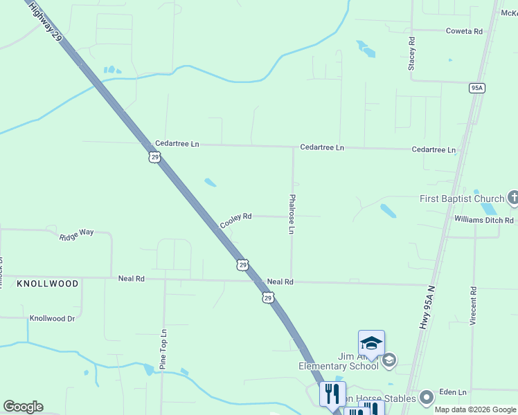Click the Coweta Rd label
pyautogui.click(x=464, y=31)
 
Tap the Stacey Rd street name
pyautogui.click(x=411, y=53)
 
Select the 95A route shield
pyautogui.click(x=476, y=88)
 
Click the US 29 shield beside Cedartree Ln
pyautogui.click(x=154, y=158)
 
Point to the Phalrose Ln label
pyautogui.click(x=292, y=214)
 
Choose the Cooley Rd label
pyautogui.click(x=235, y=220)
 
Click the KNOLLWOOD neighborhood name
pyautogui.click(x=47, y=284)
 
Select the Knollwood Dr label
pyautogui.click(x=52, y=318)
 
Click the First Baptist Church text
pyautogui.click(x=462, y=199)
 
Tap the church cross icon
pyautogui.click(x=512, y=199)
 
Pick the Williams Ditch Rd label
pyautogui.click(x=484, y=220)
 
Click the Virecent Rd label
pyautogui.click(x=473, y=306)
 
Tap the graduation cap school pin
pyautogui.click(x=371, y=344)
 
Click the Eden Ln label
pyautogui.click(x=454, y=392)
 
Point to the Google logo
pyautogui.click(x=23, y=407)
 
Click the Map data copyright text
pyautogui.click(x=475, y=409)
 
